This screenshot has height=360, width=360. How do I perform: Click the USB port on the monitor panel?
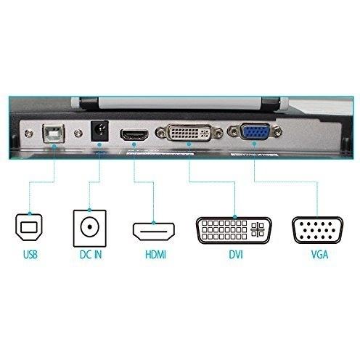[x=54, y=133]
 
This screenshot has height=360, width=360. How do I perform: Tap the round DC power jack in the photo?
[x=99, y=131]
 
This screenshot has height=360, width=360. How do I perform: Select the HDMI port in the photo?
[x=134, y=135]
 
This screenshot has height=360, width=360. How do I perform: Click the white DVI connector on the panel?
[x=189, y=133]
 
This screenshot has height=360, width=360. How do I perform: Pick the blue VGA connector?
[x=255, y=132]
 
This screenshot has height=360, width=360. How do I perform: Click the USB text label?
[x=30, y=255]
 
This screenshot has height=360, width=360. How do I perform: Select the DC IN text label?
[x=91, y=255]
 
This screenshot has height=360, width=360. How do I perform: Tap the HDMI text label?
[x=155, y=255]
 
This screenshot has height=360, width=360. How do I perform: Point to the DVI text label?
[x=235, y=255]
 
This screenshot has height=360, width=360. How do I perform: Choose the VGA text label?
[x=319, y=255]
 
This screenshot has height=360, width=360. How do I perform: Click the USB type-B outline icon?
[x=29, y=227]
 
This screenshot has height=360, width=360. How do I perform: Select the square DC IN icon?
[x=90, y=228]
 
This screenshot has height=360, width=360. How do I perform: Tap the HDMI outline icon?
[x=154, y=232]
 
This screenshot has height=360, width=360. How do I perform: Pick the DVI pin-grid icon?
[x=234, y=230]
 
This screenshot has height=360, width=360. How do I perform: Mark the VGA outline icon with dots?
[x=317, y=230]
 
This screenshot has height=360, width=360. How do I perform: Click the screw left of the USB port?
[x=28, y=133]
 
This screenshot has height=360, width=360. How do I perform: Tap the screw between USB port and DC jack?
[x=78, y=133]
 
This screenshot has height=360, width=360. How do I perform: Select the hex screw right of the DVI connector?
[x=218, y=133]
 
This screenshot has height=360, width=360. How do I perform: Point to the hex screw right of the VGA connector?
[x=277, y=132]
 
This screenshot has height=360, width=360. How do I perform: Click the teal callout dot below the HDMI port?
[x=134, y=144]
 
